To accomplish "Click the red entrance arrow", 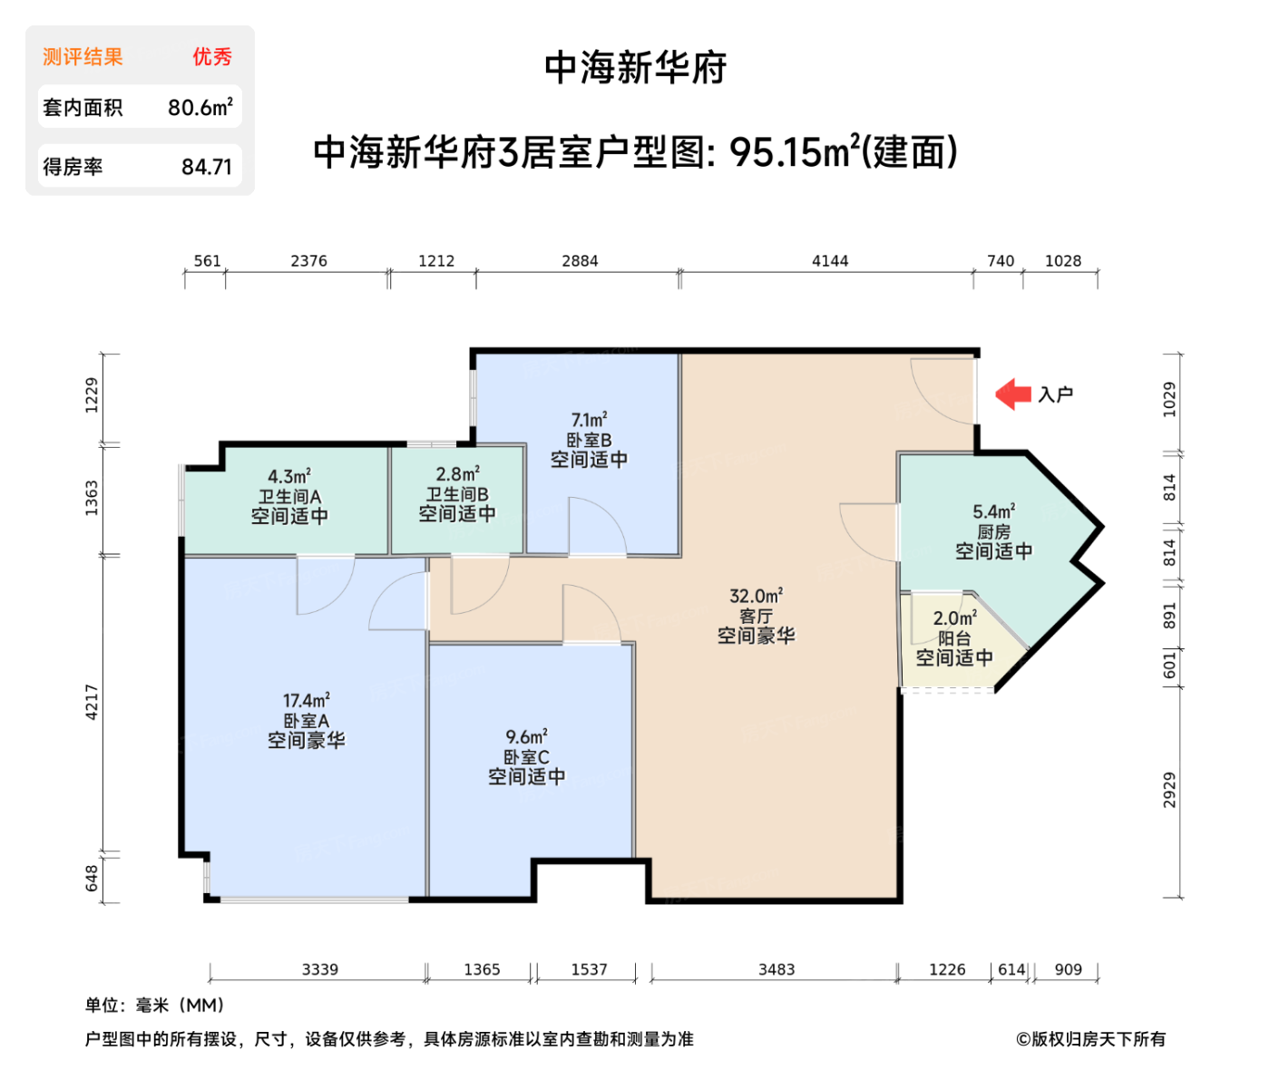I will pos(1013,394).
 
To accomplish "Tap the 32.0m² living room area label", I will pos(756,596).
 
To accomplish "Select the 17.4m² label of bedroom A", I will pos(306,700).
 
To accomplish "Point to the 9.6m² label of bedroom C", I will pos(526,736).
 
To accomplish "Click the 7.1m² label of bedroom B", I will pos(588,420).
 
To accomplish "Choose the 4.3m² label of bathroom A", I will pos(288,476).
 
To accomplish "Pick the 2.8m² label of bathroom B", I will pos(457,474).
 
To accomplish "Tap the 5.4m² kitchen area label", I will pos(993,511).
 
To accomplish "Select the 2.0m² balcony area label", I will pos(954,618).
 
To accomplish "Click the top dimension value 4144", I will pos(829,261).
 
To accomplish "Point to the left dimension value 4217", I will pos(92,702).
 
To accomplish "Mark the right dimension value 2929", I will pos(1169,790).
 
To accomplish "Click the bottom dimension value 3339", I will pos(319,969).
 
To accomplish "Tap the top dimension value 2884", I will pos(580,261).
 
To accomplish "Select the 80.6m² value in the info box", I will pos(200,107).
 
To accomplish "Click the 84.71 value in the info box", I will pos(206,167).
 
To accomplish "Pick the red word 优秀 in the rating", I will pos(211,57).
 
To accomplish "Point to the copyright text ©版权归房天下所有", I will pos(1090,1039).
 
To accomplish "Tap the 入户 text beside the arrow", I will pos(1055,394).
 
